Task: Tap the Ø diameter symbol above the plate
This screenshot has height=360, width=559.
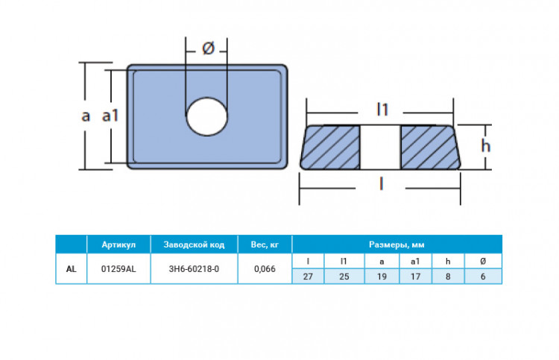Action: pyautogui.click(x=209, y=49)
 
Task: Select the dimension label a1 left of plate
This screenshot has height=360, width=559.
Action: pyautogui.click(x=110, y=116)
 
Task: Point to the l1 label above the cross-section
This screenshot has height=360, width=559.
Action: pyautogui.click(x=382, y=110)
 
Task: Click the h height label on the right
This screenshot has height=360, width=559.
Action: pyautogui.click(x=485, y=146)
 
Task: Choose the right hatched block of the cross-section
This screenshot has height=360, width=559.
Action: pyautogui.click(x=431, y=146)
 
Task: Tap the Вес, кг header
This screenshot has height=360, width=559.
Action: pyautogui.click(x=265, y=244)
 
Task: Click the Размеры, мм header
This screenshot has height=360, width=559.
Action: pyautogui.click(x=397, y=244)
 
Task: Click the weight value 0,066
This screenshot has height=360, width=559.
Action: pyautogui.click(x=265, y=268)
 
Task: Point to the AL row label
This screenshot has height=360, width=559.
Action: pyautogui.click(x=70, y=268)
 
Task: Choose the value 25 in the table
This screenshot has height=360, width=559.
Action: pyautogui.click(x=344, y=277)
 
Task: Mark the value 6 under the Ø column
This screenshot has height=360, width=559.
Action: pyautogui.click(x=484, y=277)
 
